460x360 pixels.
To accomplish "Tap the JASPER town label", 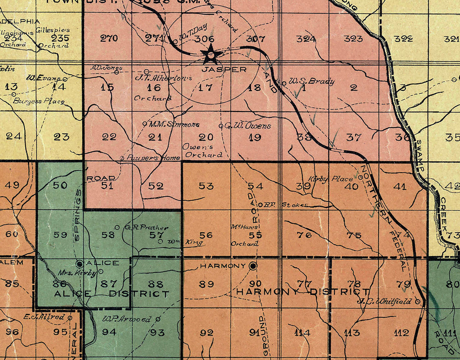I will [224, 70].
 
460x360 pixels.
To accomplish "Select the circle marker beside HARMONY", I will [253, 266].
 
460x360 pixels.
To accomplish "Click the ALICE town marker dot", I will [80, 263].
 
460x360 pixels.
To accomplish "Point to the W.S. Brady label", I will [311, 81].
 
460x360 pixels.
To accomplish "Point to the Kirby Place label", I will [330, 179].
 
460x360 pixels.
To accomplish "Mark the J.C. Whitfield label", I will [385, 301].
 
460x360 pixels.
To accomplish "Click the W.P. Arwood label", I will [127, 319].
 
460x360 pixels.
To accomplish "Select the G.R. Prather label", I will [146, 228].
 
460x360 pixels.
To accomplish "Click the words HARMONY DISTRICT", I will [302, 292].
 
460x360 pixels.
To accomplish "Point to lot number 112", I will [401, 333].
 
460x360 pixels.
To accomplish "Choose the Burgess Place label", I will [39, 101].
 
